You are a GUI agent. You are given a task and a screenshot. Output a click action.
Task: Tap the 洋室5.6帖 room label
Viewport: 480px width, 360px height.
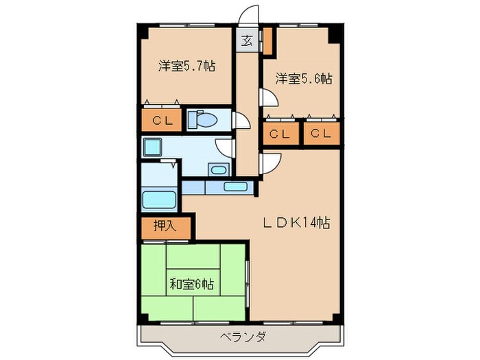pos(304,79)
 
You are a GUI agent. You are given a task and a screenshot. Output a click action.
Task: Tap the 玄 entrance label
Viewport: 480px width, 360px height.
pos(247,40)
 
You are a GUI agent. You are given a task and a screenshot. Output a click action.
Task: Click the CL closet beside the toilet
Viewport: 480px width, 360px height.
pos(162,121)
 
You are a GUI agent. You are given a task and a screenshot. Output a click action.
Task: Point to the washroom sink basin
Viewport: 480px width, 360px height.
pos(219,169)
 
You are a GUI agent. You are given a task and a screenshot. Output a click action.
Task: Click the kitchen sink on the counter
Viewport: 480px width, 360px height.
pos(237,186)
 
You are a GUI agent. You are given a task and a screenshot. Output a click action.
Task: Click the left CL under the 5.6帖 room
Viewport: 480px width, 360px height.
pos(280,134)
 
